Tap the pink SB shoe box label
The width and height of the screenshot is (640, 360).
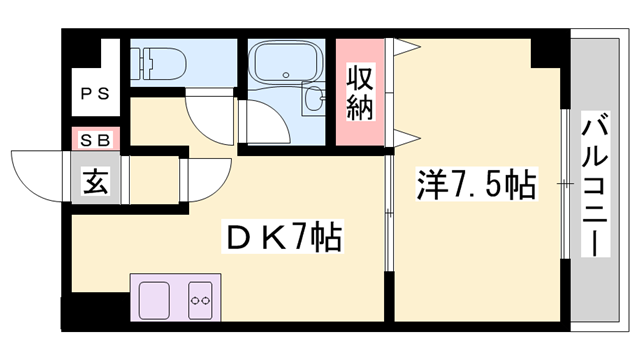(x=96, y=140)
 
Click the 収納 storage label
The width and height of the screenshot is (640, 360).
(x=360, y=92)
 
